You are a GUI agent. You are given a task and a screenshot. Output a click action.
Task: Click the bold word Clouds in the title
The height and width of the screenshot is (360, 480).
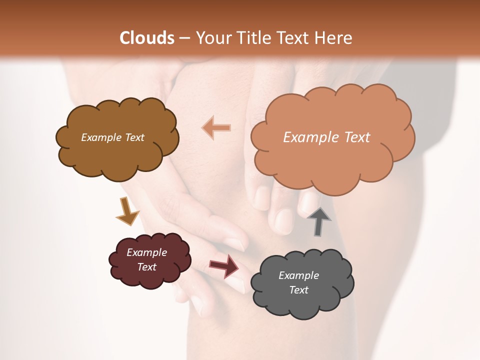(147, 38)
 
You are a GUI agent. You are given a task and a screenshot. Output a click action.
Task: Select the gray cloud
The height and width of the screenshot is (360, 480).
(302, 300)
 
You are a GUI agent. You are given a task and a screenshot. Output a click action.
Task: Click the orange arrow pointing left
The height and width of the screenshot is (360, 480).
(216, 128)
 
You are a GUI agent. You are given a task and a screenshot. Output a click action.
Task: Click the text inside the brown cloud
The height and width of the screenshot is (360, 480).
(113, 137)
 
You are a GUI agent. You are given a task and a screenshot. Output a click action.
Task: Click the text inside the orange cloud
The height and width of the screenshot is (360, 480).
(326, 137)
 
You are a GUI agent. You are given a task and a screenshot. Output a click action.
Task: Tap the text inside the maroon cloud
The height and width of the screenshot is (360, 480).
(147, 259)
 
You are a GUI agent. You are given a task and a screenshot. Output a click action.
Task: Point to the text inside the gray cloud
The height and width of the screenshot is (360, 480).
(298, 282)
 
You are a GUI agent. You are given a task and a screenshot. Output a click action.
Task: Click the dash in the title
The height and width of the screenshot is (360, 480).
(184, 38)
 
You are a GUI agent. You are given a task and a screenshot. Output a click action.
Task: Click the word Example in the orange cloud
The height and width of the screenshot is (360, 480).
(306, 137)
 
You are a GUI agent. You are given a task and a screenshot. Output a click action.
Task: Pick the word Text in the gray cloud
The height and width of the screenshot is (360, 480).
(299, 290)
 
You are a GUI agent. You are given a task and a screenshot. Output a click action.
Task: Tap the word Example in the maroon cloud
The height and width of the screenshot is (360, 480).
(147, 252)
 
